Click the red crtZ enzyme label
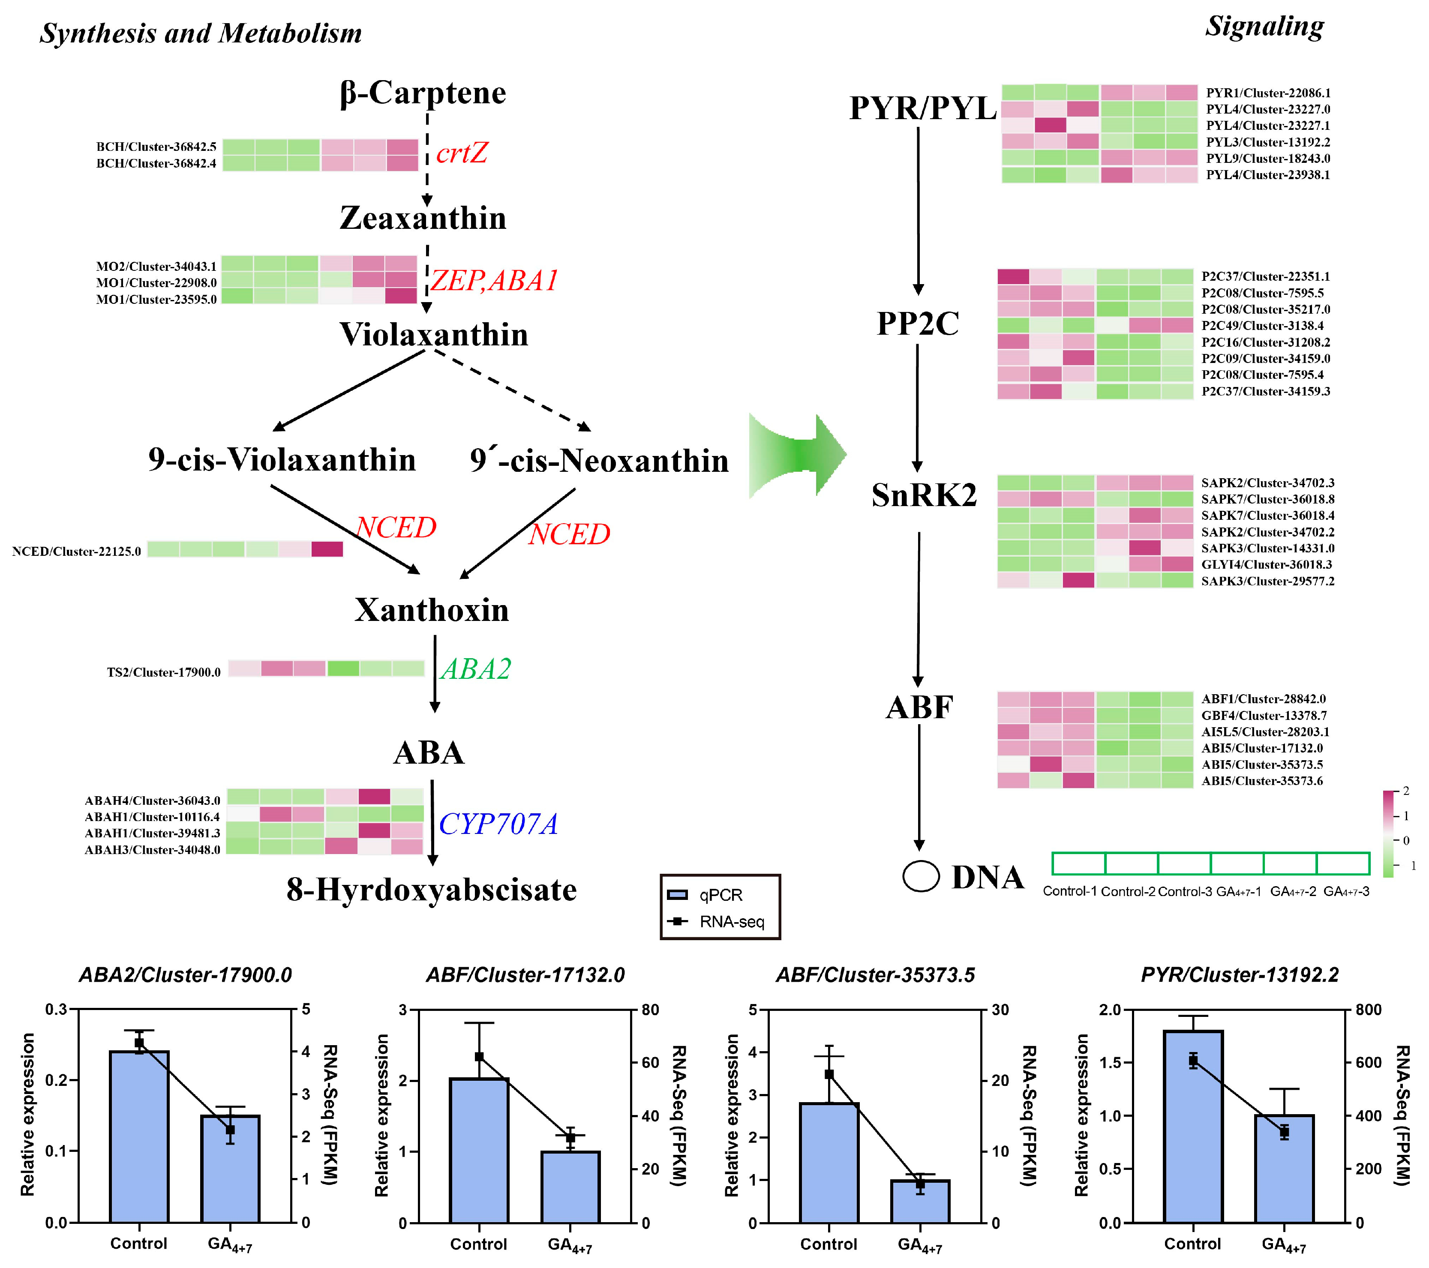pyautogui.click(x=462, y=153)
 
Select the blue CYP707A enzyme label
pyautogui.click(x=498, y=824)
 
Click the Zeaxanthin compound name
pyautogui.click(x=423, y=218)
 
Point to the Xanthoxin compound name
pyautogui.click(x=431, y=610)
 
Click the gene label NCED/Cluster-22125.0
pyautogui.click(x=76, y=552)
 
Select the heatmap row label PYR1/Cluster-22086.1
pyautogui.click(x=1267, y=93)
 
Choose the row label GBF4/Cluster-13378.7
pyautogui.click(x=1263, y=716)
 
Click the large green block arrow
pyautogui.click(x=797, y=455)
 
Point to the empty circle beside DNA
pyautogui.click(x=920, y=877)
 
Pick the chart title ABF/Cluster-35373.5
pyautogui.click(x=875, y=975)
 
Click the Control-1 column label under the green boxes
pyautogui.click(x=1070, y=891)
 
